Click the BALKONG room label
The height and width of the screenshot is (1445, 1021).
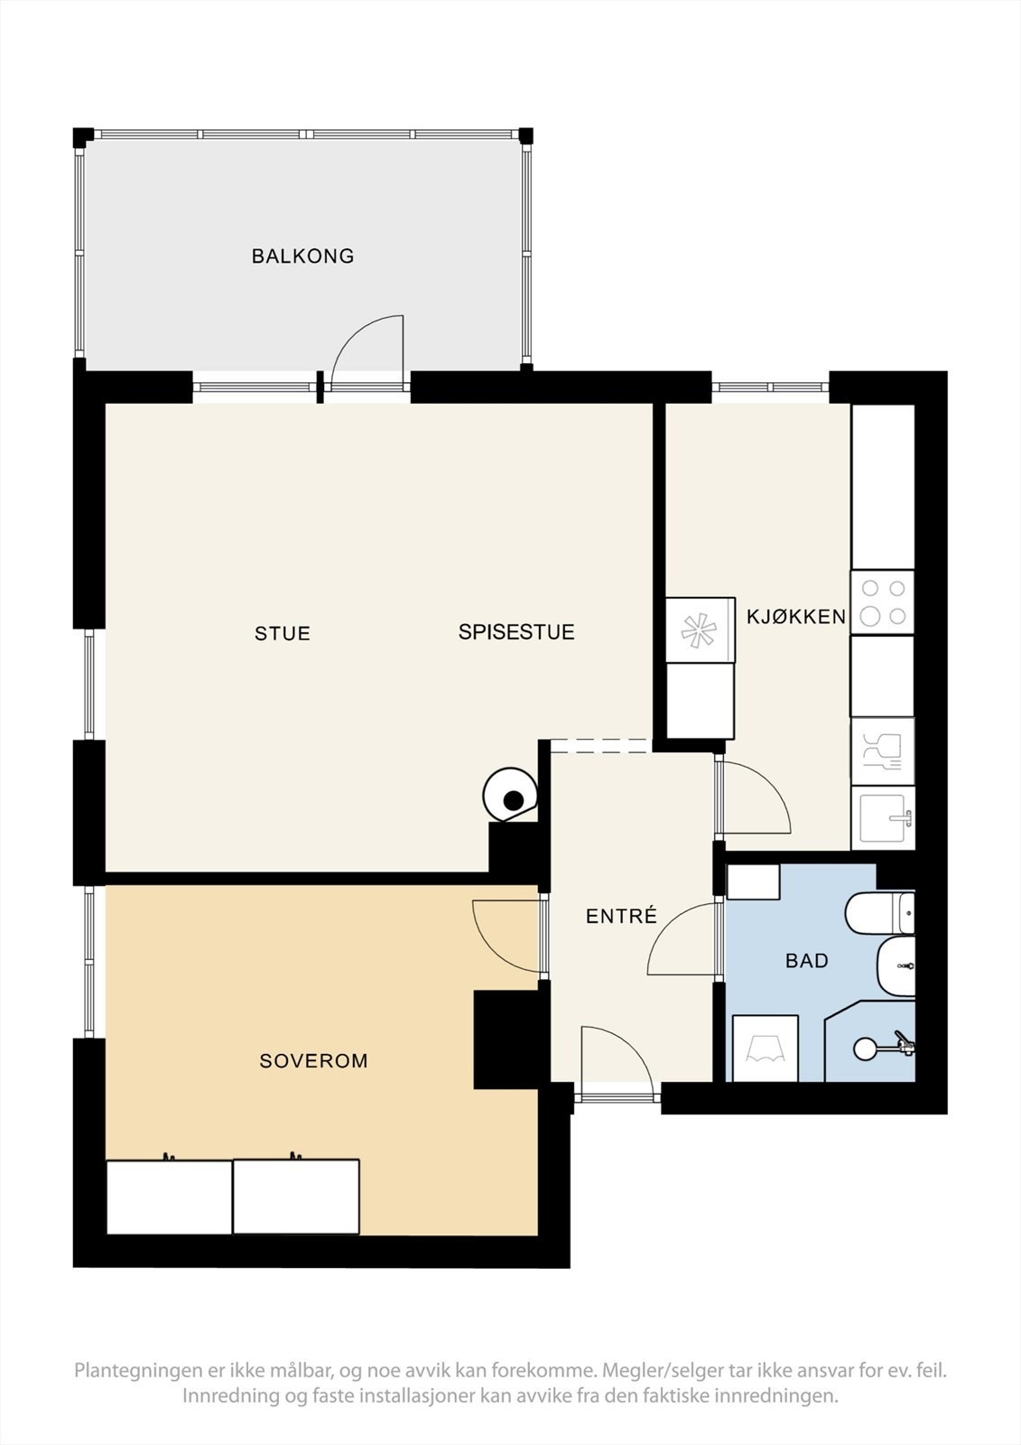[x=302, y=256]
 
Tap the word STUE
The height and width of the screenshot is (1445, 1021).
[x=283, y=634]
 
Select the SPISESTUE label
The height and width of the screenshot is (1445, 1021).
[x=516, y=632]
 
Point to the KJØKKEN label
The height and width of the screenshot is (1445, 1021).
[x=796, y=617]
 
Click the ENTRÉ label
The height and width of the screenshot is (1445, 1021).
[x=621, y=917]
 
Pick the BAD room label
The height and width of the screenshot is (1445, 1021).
[x=806, y=961]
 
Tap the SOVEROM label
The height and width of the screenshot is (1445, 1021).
[x=313, y=1061]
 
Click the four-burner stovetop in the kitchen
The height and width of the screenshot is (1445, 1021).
[x=883, y=602]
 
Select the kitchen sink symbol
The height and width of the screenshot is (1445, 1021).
[x=884, y=817]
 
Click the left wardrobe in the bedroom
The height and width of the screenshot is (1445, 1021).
[x=169, y=1197]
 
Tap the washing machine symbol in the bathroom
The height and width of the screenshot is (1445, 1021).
[x=765, y=1049]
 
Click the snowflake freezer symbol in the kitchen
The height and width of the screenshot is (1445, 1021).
[x=700, y=630]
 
